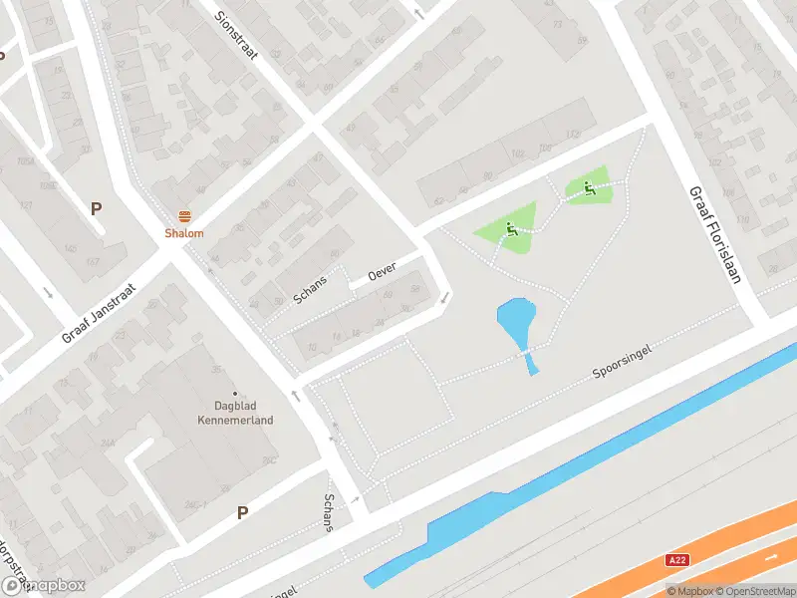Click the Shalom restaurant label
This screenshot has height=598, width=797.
coord(184,234)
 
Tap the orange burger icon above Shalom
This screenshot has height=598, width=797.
coord(184,216)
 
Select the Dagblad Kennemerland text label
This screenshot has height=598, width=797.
coord(243,413)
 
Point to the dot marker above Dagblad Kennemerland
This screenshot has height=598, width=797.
coord(236,394)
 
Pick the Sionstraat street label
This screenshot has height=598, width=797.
coord(237,35)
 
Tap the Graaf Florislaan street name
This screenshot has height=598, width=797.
coord(713,233)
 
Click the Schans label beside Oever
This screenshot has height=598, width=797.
coord(310,289)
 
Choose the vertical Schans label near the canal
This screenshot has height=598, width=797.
coord(329,512)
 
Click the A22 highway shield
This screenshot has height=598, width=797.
coord(677,561)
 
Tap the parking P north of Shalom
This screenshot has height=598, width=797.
coord(97,208)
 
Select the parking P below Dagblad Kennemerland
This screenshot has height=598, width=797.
coord(242,512)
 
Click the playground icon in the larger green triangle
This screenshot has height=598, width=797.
coord(510,229)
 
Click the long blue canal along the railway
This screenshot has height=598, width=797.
coord(598,458)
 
